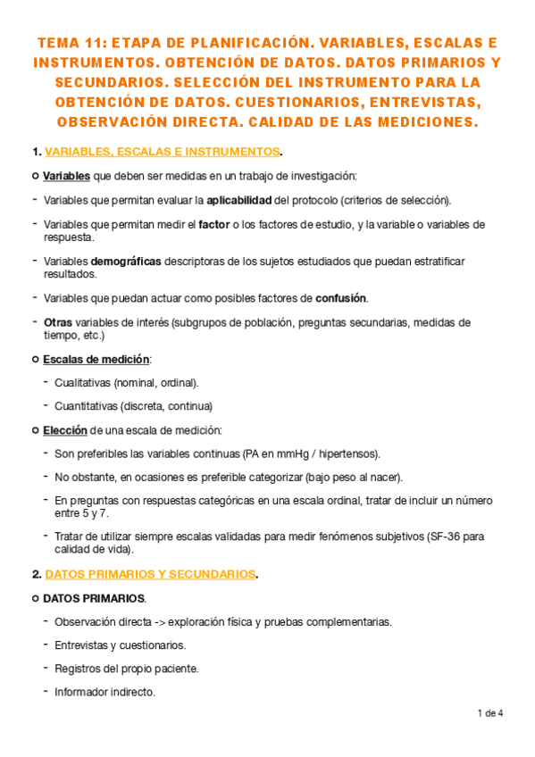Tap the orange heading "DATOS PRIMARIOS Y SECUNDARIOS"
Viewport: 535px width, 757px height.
[150, 574]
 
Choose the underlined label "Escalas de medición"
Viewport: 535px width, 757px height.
[96, 359]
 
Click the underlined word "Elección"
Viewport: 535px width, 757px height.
[65, 430]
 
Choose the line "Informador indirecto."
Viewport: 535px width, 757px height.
[105, 691]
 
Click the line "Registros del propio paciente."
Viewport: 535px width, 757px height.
[126, 668]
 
